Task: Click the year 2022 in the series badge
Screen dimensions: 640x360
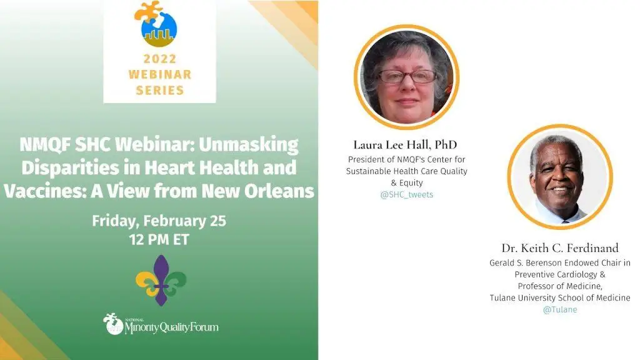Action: coord(159,59)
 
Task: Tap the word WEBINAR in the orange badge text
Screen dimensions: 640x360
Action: coord(159,74)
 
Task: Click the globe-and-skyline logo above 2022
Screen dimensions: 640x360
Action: coord(156,24)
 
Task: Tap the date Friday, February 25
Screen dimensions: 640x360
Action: coord(159,221)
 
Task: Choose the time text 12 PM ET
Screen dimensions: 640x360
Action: coord(159,239)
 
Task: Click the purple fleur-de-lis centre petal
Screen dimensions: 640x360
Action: coord(161,280)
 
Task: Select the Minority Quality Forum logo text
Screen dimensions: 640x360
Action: coord(171,326)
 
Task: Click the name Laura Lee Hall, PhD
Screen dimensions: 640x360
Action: coord(405,145)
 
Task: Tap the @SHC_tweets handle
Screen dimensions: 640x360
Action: coord(406,195)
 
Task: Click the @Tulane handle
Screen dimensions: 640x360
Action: coord(560,310)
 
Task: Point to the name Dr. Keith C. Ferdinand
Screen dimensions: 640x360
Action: coord(560,248)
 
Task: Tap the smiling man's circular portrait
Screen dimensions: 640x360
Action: coord(560,177)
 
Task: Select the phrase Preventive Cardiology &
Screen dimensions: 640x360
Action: coord(560,274)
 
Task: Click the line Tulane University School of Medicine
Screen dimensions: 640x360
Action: coord(560,298)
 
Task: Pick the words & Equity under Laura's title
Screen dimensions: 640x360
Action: coord(406,183)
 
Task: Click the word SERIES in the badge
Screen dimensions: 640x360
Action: coord(159,90)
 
